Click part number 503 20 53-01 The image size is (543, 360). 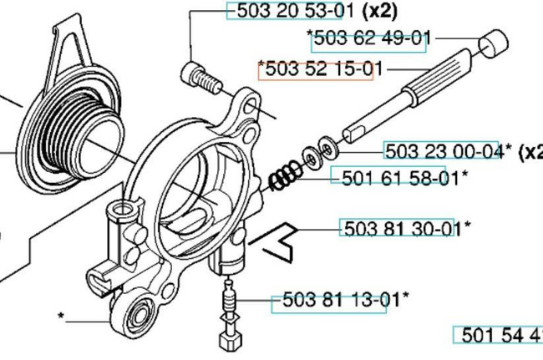(283, 11)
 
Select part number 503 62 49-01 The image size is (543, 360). (372, 38)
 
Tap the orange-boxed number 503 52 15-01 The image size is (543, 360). (316, 69)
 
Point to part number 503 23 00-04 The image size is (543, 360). (444, 151)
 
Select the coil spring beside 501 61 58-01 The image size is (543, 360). (287, 175)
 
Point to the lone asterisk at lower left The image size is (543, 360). (61, 317)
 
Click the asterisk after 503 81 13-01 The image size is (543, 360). (406, 296)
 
